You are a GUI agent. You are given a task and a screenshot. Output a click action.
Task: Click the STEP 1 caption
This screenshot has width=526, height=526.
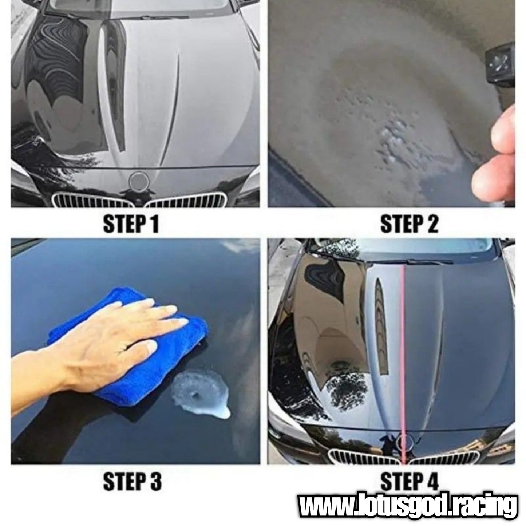[131, 224]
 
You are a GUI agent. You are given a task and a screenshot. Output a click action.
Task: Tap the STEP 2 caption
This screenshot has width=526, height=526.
[409, 224]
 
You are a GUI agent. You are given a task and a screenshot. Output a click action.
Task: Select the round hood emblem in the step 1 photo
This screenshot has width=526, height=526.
[138, 180]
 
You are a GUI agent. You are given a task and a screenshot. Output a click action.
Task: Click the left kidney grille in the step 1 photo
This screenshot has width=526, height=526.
[91, 201]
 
